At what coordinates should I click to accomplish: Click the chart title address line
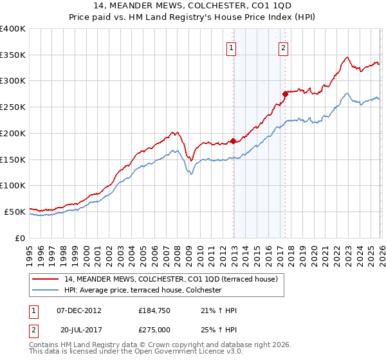[x=193, y=6]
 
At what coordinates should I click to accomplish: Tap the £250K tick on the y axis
[x=13, y=107]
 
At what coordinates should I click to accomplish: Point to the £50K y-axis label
[x=15, y=212]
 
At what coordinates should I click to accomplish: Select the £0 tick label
[x=20, y=238]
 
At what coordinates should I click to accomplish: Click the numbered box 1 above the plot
[x=232, y=46]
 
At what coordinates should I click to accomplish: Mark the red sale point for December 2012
[x=233, y=141]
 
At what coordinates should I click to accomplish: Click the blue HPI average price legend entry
[x=143, y=291]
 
